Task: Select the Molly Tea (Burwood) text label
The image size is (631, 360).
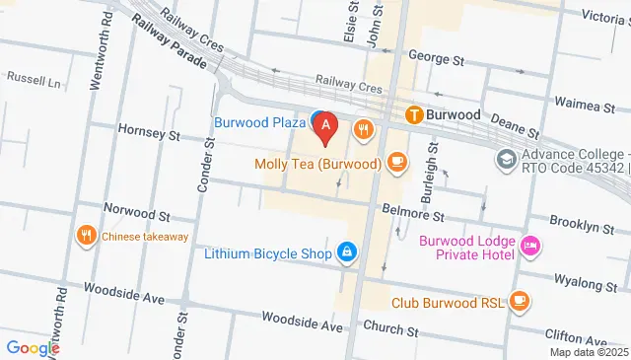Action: click(316, 163)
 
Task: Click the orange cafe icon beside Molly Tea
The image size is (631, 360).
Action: click(396, 160)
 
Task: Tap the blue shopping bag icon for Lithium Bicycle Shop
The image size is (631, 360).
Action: click(347, 253)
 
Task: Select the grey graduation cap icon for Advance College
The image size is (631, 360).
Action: click(506, 158)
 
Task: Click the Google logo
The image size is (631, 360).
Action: click(33, 347)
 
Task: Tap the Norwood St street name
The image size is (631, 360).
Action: click(138, 213)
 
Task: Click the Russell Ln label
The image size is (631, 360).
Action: click(35, 76)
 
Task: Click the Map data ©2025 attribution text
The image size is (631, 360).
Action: click(589, 352)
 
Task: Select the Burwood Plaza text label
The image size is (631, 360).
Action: click(260, 122)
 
